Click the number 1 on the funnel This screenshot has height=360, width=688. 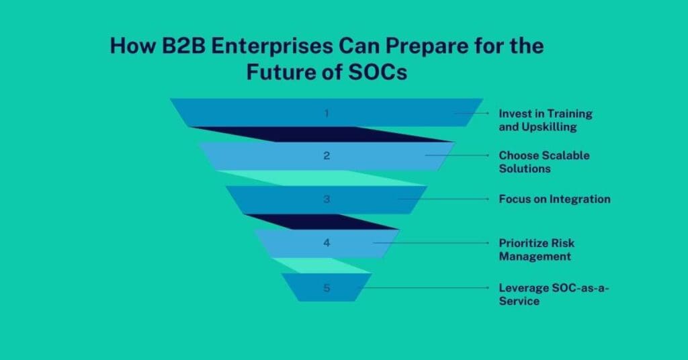pyautogui.click(x=327, y=113)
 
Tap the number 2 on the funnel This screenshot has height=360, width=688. pyautogui.click(x=327, y=156)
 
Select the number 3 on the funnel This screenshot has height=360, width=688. pyautogui.click(x=327, y=199)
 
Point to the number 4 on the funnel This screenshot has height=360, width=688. pyautogui.click(x=327, y=243)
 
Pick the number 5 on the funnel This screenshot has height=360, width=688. pyautogui.click(x=327, y=288)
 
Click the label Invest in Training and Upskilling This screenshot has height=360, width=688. pyautogui.click(x=546, y=120)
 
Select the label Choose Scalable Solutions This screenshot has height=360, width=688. pyautogui.click(x=544, y=162)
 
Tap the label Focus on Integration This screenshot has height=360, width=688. pyautogui.click(x=554, y=199)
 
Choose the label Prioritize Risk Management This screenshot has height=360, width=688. pyautogui.click(x=536, y=249)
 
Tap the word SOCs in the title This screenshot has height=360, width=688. pyautogui.click(x=379, y=71)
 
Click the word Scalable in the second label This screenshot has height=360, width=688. pyautogui.click(x=564, y=155)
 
